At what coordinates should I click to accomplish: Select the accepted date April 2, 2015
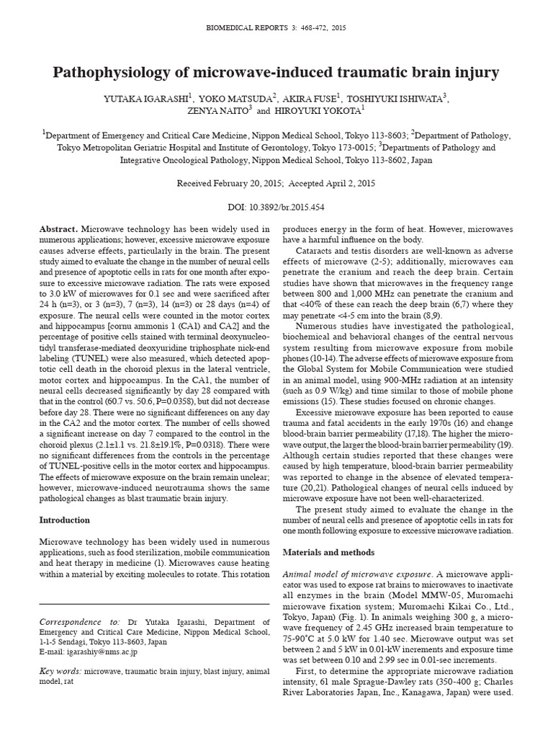(343, 183)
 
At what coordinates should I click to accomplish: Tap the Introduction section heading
(65, 520)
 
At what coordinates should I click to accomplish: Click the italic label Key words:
(61, 670)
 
